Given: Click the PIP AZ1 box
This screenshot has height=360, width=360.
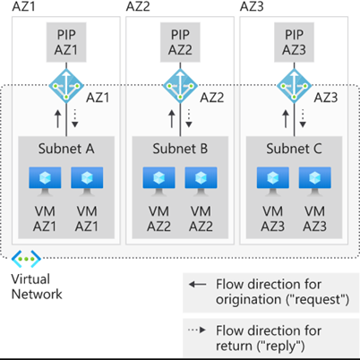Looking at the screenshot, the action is pos(66,42).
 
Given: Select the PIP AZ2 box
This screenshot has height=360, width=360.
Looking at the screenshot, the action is pos(180,42).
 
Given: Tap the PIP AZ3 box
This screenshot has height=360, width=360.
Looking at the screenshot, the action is pos(294,42).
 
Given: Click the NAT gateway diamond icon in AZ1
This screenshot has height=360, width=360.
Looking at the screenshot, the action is pos(66,86).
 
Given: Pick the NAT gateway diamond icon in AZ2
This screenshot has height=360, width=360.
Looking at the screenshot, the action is pos(180,86).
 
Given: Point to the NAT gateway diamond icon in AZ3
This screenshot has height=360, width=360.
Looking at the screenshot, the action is pos(294,86).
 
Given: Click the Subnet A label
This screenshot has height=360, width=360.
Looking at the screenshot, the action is pos(66,149).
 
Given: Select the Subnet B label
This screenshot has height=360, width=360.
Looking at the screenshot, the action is pos(180,149).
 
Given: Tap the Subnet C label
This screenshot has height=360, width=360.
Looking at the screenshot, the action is pos(294,149).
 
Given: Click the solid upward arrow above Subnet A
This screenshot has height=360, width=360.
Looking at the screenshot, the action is pos(58,119).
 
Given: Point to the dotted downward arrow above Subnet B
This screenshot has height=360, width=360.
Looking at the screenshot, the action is pos(189,118).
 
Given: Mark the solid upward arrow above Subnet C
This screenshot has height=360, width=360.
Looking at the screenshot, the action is pos(286,119).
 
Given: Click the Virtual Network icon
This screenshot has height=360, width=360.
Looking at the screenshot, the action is pos(26,259).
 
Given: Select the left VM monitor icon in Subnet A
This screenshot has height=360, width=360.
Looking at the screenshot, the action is pos(45,182).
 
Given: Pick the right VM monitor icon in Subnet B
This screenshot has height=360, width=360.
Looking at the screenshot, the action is pos(201,182).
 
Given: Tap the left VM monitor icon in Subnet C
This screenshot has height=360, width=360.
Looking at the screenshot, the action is pos(273,182).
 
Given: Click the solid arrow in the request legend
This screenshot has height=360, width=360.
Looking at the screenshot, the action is pos(197,285).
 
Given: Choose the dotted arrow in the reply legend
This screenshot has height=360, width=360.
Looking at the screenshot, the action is pos(197,330).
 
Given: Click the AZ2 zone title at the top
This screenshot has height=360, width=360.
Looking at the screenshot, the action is pos(138,6).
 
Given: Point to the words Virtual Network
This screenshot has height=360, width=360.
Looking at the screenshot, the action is pos(37,287).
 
